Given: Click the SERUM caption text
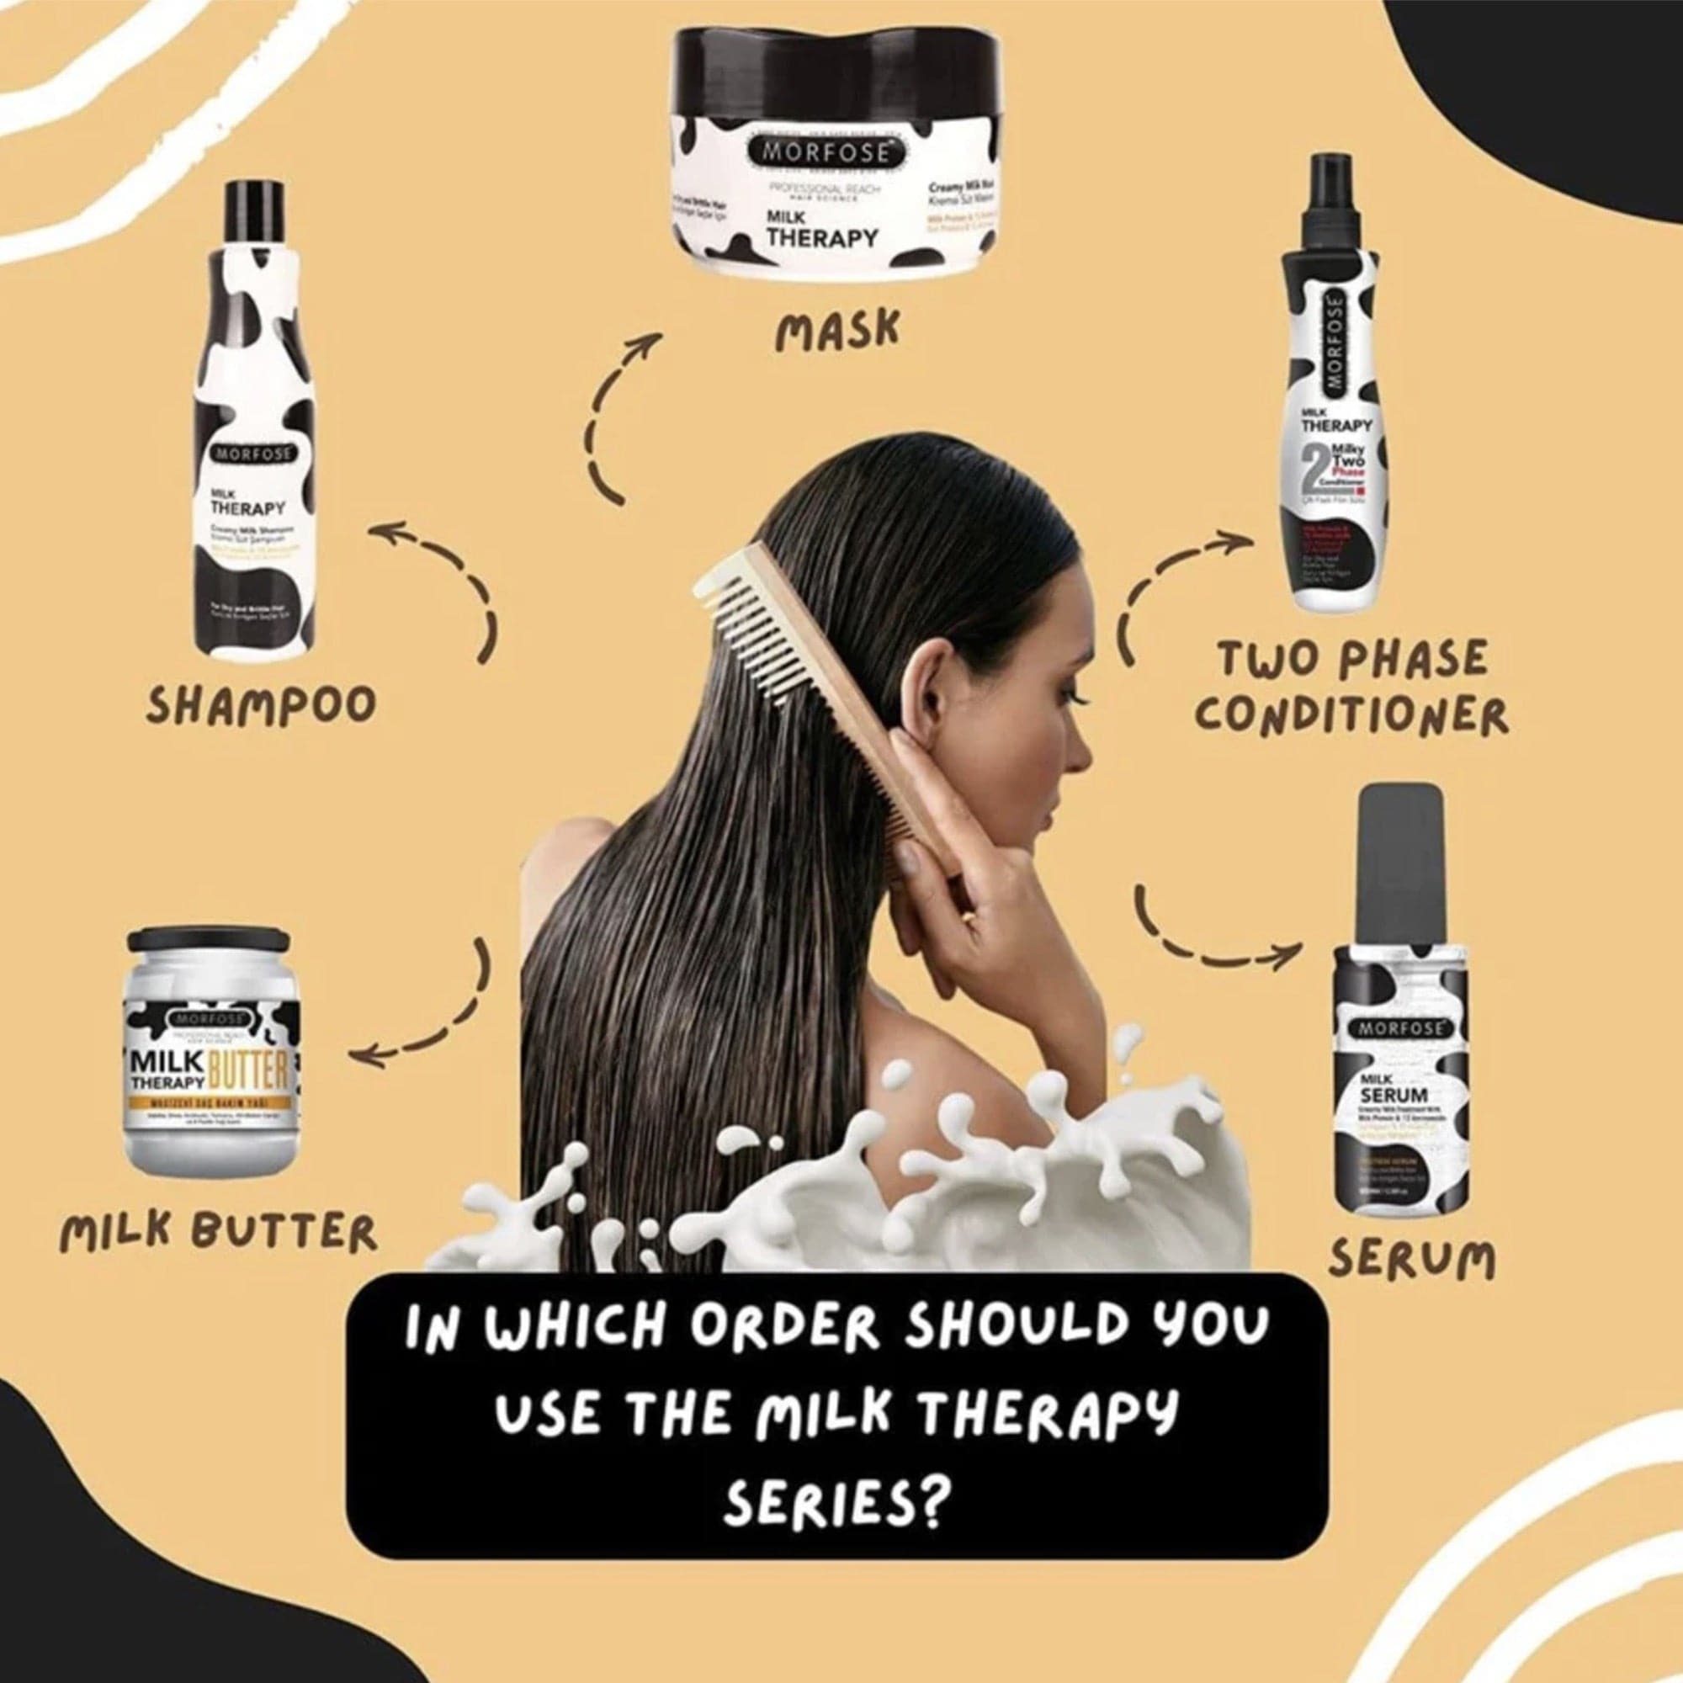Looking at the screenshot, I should [x=1411, y=1259].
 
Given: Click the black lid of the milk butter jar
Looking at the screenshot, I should [x=208, y=940].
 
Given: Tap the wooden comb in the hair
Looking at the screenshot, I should [x=810, y=662].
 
